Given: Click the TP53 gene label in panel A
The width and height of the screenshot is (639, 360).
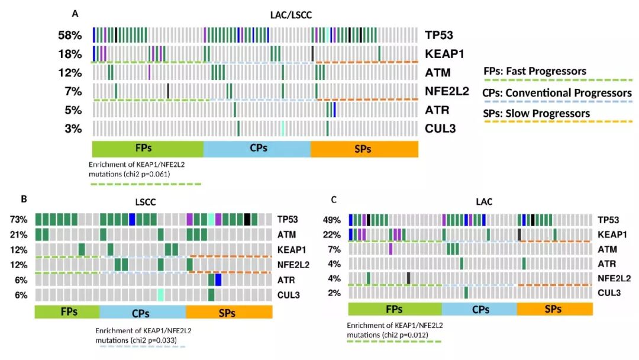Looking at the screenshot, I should (438, 34).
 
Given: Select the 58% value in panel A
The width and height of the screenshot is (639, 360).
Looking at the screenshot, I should (70, 35).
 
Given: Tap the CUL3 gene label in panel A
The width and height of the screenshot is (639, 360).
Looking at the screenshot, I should (440, 128).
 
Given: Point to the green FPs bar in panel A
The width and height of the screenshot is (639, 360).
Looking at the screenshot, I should (147, 149).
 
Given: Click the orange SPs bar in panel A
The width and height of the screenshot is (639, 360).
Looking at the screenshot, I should (364, 149).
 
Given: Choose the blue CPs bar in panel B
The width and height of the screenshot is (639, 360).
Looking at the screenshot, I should (143, 311).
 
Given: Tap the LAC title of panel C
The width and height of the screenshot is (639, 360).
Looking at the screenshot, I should (469, 202).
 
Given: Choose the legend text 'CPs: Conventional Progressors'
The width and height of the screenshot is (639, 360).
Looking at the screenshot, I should (557, 92).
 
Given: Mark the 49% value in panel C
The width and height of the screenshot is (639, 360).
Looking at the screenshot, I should (331, 220).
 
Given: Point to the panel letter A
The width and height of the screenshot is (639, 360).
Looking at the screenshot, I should (75, 13).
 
